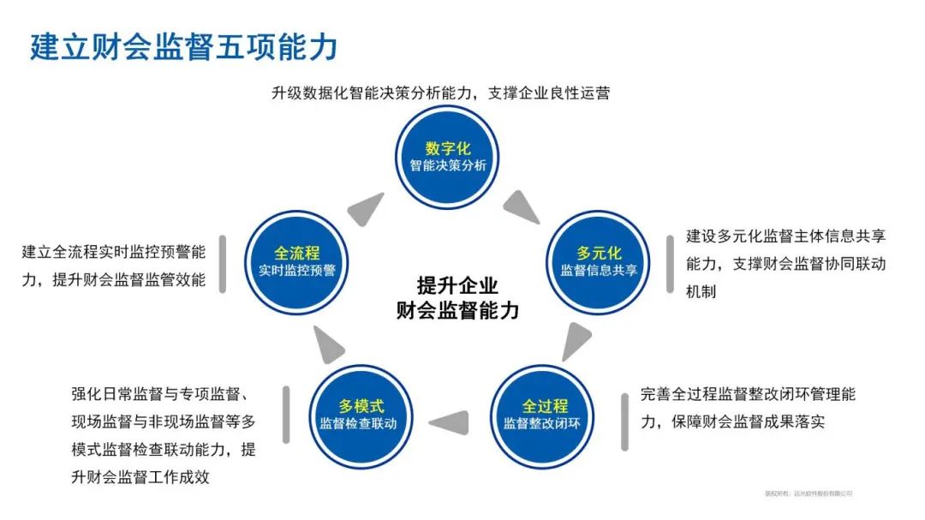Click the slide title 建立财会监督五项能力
(183, 46)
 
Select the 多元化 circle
(599, 261)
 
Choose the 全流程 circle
(297, 261)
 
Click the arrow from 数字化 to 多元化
(521, 206)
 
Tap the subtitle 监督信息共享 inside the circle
(599, 271)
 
